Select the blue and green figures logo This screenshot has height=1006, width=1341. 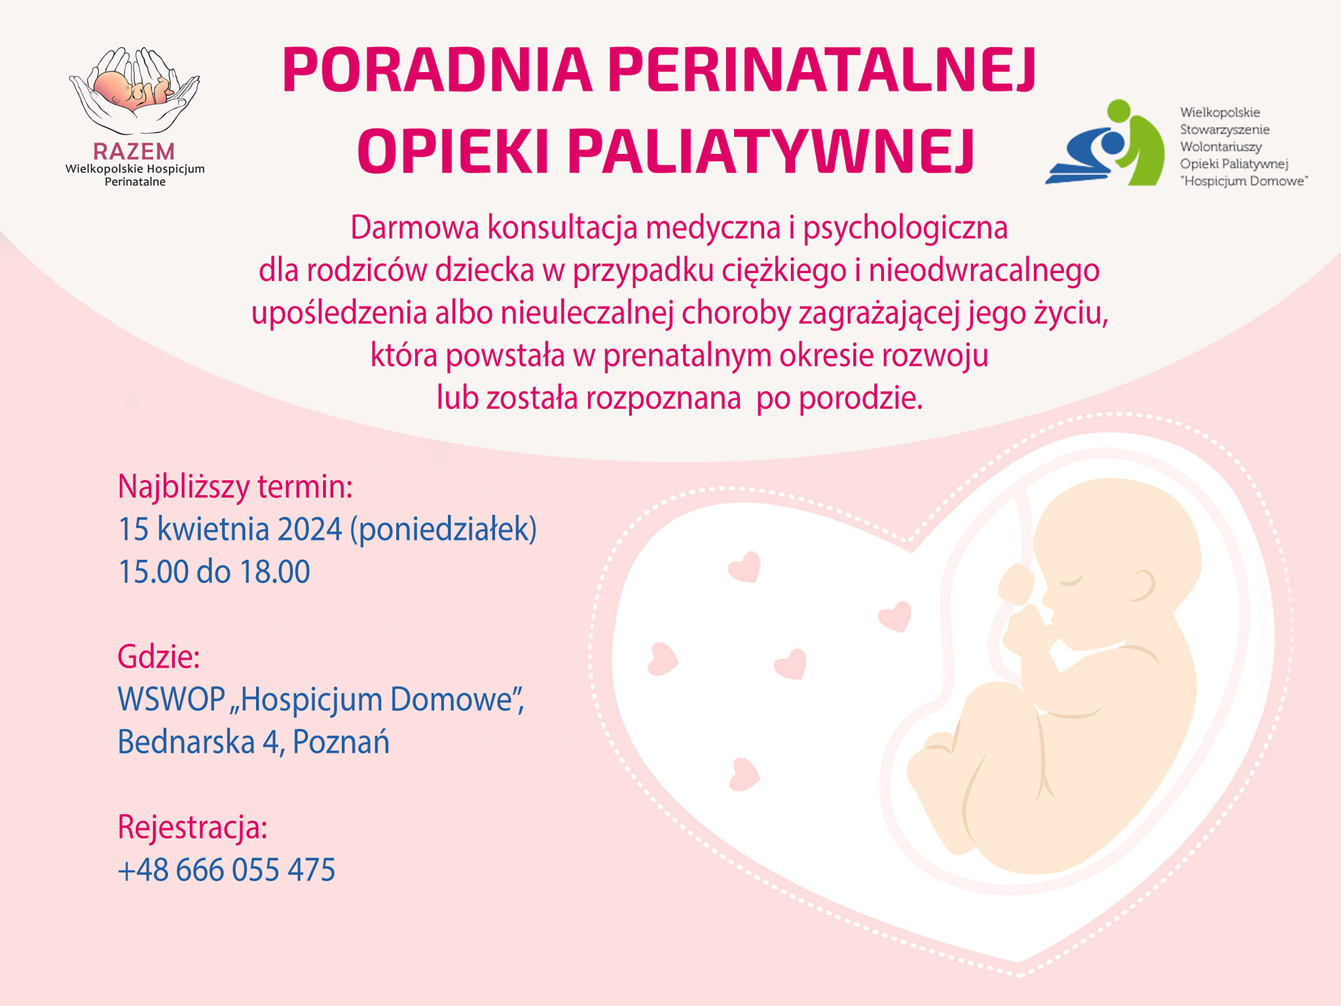[x=1106, y=142]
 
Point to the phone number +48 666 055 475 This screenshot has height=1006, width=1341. [x=227, y=870]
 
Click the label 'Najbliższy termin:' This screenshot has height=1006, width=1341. [x=235, y=487]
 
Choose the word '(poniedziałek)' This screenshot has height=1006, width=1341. [x=443, y=529]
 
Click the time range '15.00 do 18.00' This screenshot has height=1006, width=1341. [x=213, y=572]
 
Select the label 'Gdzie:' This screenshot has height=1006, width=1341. [x=158, y=656]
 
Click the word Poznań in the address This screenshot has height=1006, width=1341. [x=341, y=741]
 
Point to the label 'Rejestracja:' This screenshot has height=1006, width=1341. [x=193, y=827]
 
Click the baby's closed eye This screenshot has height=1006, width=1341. [x=1072, y=581]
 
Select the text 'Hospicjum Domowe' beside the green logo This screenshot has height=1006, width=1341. [x=1244, y=181]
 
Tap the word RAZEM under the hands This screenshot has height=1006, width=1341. [x=134, y=151]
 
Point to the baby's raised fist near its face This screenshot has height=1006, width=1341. [x=1016, y=584]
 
